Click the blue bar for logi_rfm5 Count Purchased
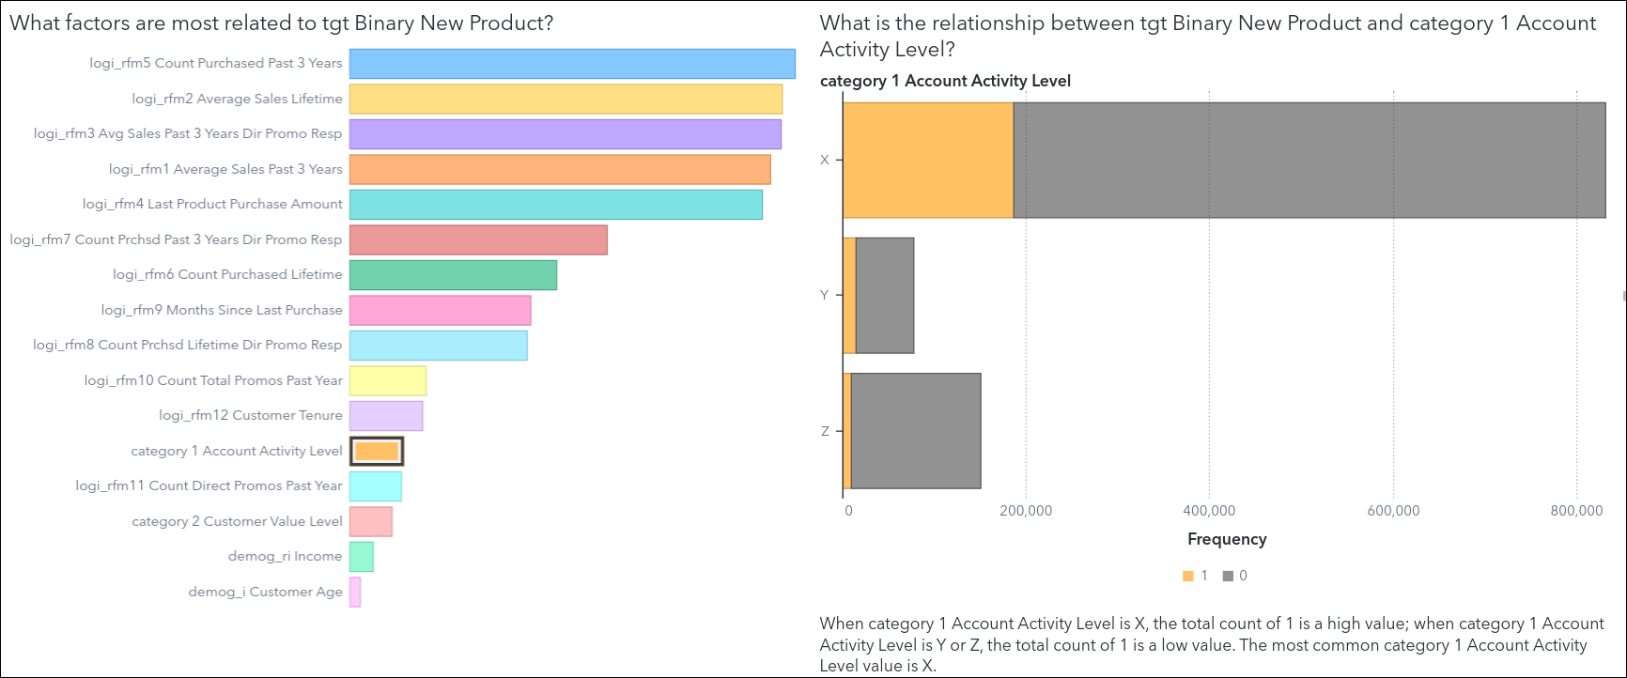tap(571, 64)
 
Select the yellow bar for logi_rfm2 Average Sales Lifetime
tap(566, 99)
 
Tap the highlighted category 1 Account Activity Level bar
tap(377, 451)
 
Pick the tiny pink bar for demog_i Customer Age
tap(355, 592)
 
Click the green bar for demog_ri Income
tap(362, 557)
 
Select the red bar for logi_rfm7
tap(478, 239)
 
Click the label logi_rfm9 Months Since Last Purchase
tap(222, 310)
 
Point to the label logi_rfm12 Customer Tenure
tap(250, 415)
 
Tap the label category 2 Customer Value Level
tap(237, 521)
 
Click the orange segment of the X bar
tap(928, 161)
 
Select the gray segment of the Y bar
tap(885, 296)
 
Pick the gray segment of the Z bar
tap(916, 431)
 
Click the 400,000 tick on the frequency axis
tap(1209, 511)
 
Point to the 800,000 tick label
tap(1576, 511)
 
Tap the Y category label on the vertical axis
tap(825, 295)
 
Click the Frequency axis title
tap(1227, 539)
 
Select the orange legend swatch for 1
tap(1188, 576)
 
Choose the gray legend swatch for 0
tap(1228, 576)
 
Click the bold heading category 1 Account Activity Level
tap(945, 81)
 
